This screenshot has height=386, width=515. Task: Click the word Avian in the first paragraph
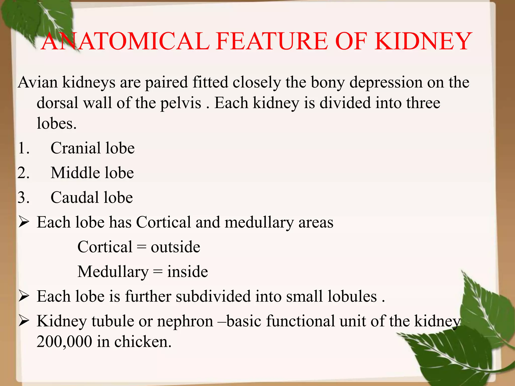click(x=37, y=82)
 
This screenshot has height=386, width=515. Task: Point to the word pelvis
click(x=181, y=103)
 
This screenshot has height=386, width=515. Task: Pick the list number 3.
click(x=23, y=198)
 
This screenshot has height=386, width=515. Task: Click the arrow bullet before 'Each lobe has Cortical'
click(x=24, y=222)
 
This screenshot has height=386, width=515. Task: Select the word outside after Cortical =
click(x=175, y=247)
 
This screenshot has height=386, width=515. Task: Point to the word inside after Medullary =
click(x=188, y=272)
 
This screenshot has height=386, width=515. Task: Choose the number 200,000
click(x=64, y=342)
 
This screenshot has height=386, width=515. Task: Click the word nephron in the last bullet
click(x=185, y=321)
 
